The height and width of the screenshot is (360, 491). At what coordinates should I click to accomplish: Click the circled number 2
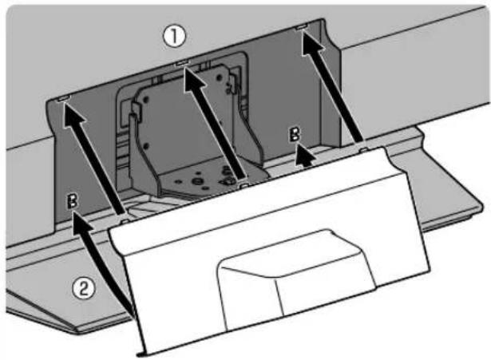pyautogui.click(x=83, y=287)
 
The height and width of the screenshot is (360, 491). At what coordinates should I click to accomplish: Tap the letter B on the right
pyautogui.click(x=295, y=134)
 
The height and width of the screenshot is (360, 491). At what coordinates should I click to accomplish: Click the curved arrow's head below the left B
pyautogui.click(x=81, y=223)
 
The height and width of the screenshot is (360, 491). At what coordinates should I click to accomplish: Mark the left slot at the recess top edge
pyautogui.click(x=65, y=98)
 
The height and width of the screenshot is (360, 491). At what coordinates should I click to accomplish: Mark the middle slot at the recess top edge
pyautogui.click(x=182, y=63)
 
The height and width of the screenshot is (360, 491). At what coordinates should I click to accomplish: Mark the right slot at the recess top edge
pyautogui.click(x=302, y=28)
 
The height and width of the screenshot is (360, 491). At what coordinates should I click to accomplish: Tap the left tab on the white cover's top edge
pyautogui.click(x=125, y=221)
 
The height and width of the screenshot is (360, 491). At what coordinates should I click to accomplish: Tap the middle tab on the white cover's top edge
pyautogui.click(x=244, y=186)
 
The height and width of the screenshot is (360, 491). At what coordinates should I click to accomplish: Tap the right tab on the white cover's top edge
pyautogui.click(x=363, y=150)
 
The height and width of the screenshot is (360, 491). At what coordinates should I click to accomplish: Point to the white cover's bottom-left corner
pyautogui.click(x=139, y=355)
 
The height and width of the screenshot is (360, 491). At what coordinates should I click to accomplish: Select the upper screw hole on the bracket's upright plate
pyautogui.click(x=145, y=100)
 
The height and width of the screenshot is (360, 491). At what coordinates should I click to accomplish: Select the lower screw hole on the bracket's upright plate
pyautogui.click(x=145, y=146)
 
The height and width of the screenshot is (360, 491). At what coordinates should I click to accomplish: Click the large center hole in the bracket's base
pyautogui.click(x=197, y=181)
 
